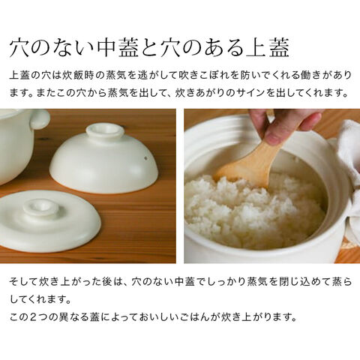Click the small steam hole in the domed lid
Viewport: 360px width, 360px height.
[x=145, y=157]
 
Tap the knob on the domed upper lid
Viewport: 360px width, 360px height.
[x=104, y=131]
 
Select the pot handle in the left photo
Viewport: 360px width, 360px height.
[x=40, y=118]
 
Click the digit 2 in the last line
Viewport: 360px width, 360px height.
[x=34, y=317]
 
